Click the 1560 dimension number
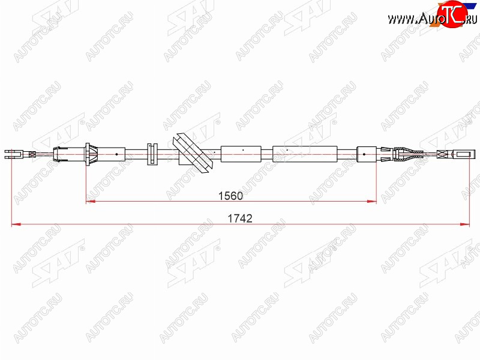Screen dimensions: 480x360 [230, 196]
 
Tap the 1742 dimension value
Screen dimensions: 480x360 [240, 218]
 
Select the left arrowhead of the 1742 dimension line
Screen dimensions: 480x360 [16, 224]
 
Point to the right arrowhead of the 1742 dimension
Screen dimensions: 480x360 [464, 224]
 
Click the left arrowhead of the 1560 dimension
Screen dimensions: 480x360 [91, 202]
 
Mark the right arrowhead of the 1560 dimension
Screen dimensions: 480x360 [371, 202]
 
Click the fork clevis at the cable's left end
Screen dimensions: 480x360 [13, 154]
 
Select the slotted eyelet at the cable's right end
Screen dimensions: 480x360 [461, 154]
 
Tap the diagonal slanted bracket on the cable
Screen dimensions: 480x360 [193, 153]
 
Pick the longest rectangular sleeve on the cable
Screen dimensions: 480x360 [305, 154]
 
